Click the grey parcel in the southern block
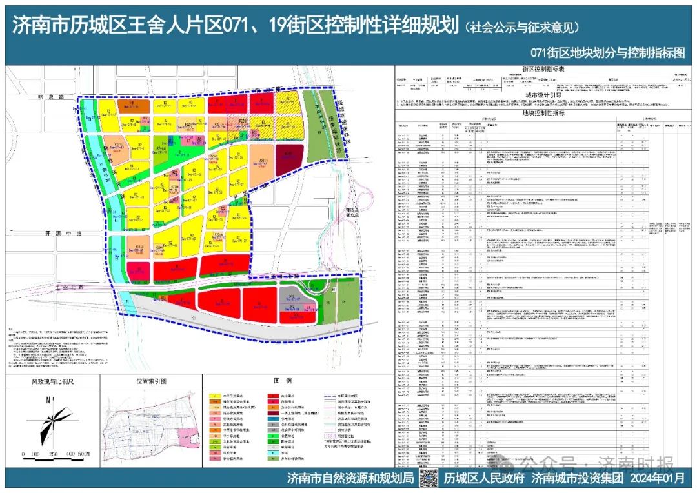[292, 297]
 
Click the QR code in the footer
[429, 478]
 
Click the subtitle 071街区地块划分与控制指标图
[607, 53]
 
